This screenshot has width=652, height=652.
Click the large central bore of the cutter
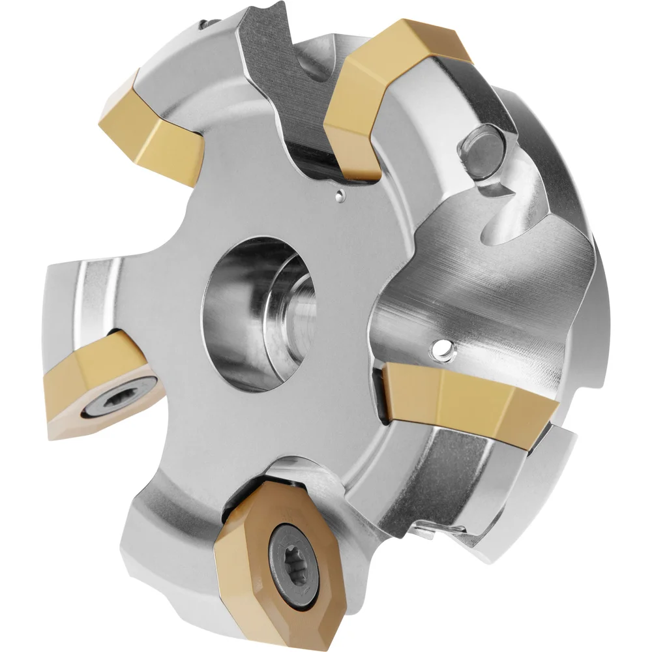(x=261, y=313)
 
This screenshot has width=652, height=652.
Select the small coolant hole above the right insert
(x=445, y=351)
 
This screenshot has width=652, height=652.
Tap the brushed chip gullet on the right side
(x=469, y=274)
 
